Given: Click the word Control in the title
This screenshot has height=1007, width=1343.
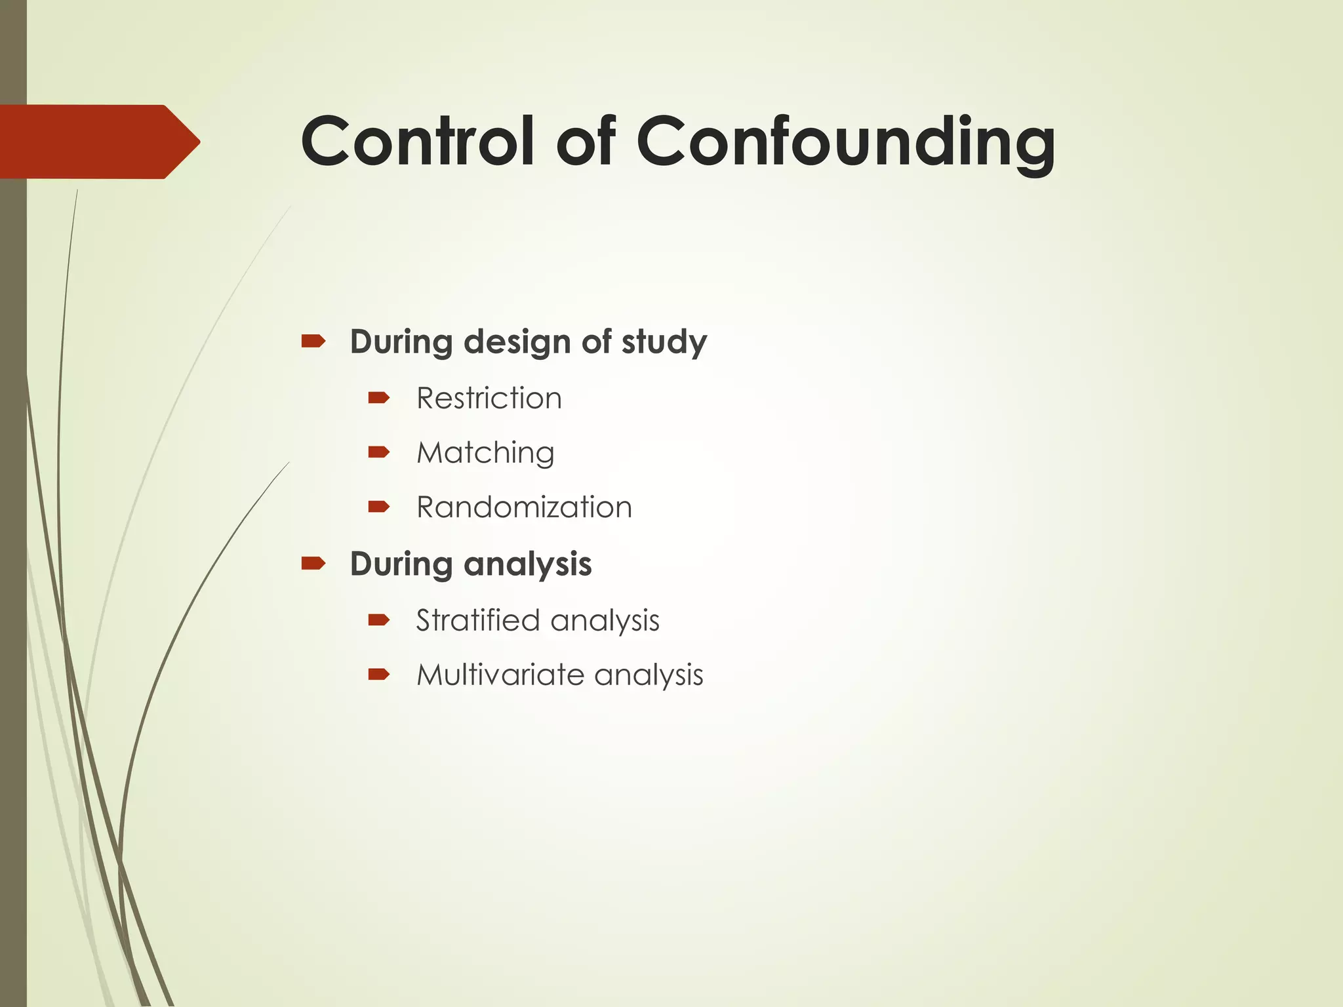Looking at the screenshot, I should click(x=418, y=142).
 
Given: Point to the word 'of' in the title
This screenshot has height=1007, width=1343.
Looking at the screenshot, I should click(x=586, y=142).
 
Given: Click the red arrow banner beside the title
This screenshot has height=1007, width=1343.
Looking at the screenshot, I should click(x=98, y=142).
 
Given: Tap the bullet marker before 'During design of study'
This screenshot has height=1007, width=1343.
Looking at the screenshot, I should click(x=313, y=340).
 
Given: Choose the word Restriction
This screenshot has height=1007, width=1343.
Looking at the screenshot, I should click(x=489, y=398).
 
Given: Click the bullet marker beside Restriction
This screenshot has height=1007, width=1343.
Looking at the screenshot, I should click(x=379, y=397).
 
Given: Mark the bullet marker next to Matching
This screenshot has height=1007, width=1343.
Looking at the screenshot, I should click(x=379, y=452).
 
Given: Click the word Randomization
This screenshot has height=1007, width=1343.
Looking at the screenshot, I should click(x=524, y=507).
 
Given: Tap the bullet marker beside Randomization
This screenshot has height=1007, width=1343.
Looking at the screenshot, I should click(x=379, y=506).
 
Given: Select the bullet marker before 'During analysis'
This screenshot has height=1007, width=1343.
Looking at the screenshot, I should click(x=313, y=563).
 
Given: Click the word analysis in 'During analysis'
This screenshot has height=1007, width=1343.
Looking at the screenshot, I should click(x=527, y=565).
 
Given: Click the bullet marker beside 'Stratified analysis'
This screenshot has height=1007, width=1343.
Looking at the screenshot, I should click(x=379, y=620).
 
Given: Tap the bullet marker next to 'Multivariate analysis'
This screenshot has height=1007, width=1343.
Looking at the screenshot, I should click(x=379, y=674).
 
